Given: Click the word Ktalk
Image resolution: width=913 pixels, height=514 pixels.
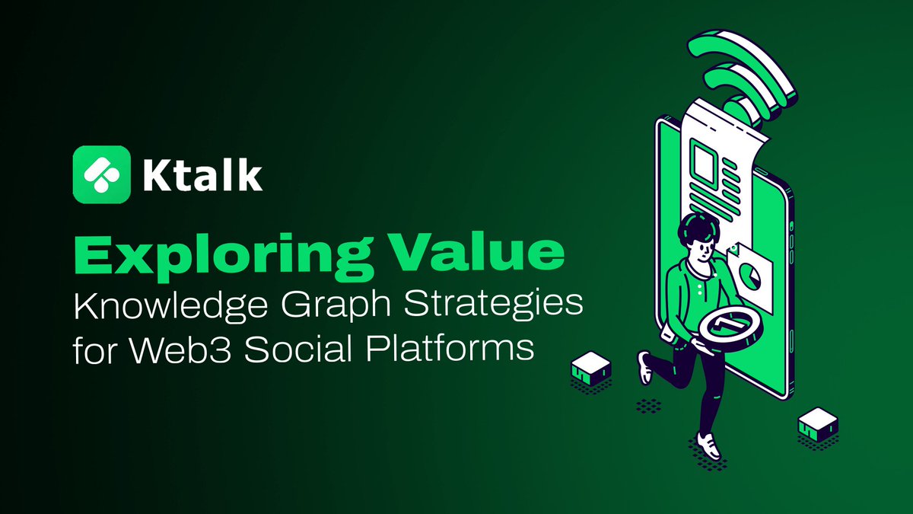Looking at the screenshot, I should (202, 175).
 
